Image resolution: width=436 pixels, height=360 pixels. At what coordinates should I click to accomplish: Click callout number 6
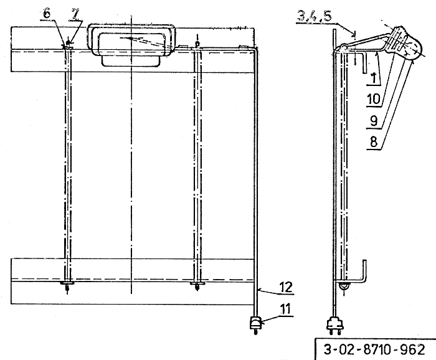[47, 13]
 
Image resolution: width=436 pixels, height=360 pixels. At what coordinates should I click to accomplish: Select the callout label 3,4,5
[315, 16]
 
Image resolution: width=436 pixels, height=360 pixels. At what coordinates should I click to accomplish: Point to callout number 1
[374, 78]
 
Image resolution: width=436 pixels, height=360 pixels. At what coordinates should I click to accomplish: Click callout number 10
[374, 99]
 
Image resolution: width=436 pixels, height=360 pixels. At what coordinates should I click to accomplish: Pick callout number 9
[374, 121]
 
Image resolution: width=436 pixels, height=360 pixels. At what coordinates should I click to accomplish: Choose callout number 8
[374, 142]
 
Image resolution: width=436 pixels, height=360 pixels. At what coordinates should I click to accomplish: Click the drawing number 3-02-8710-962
[374, 349]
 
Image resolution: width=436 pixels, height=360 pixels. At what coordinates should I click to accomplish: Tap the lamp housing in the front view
[131, 45]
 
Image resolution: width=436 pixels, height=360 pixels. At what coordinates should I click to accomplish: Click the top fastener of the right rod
[197, 45]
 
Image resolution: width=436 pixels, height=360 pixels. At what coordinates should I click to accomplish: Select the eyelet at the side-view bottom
[344, 287]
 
